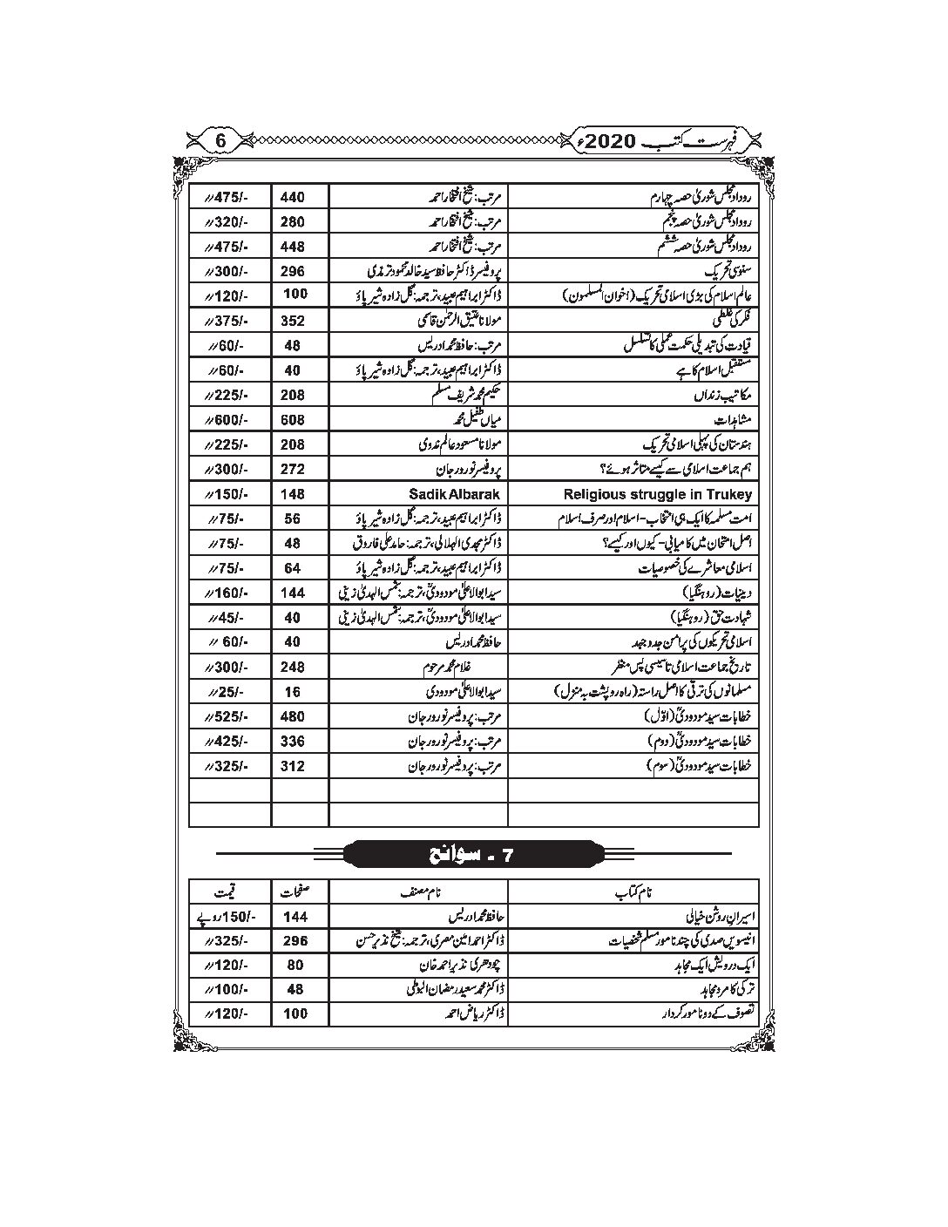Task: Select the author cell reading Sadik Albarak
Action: tap(418, 494)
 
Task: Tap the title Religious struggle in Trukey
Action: tap(658, 494)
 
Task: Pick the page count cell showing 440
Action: tap(293, 197)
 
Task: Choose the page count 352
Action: tap(293, 321)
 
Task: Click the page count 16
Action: tap(293, 692)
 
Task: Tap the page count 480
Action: tap(293, 717)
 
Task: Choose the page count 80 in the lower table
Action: tap(293, 965)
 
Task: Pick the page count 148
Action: tap(293, 494)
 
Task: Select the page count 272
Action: tap(293, 469)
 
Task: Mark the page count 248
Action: tap(293, 668)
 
